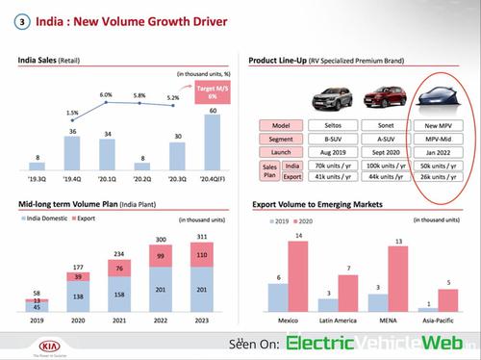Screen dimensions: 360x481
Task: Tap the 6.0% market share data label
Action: tap(106, 95)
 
